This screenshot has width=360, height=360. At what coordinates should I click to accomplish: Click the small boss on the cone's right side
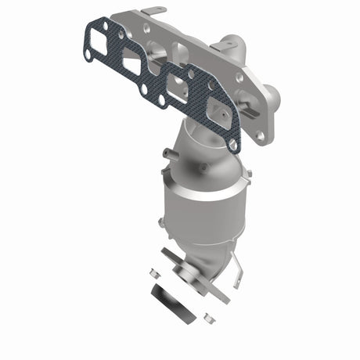click(x=206, y=167)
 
